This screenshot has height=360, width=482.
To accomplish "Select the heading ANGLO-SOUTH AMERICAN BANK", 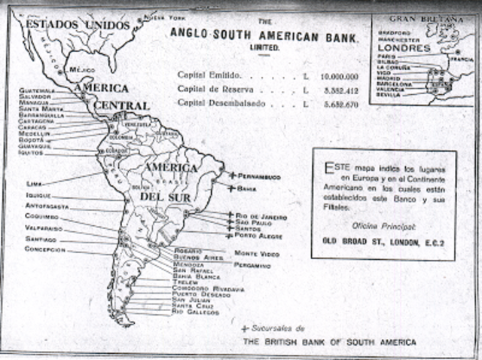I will pos(264,34).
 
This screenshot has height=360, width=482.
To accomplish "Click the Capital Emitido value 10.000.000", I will pos(338,76).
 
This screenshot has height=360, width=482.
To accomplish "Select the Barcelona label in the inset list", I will pos(393,84).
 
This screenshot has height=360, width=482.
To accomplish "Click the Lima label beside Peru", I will pos(32,183).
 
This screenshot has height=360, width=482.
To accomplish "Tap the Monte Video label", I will pos(257,254).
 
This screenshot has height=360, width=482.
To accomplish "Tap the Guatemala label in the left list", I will pos(44,90).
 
